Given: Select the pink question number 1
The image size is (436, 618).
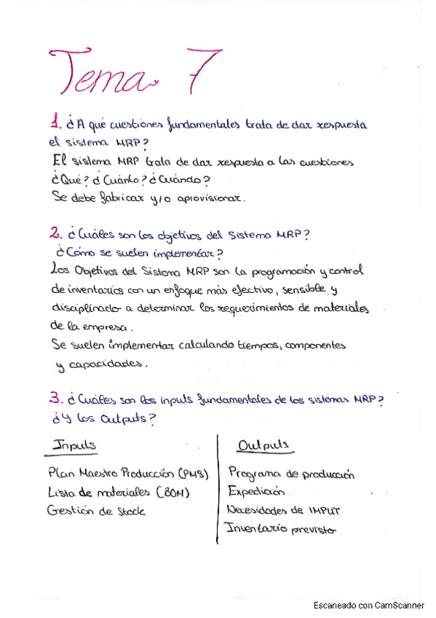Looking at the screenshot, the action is pos(54,122).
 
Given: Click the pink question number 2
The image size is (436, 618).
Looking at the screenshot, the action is pos(55,234).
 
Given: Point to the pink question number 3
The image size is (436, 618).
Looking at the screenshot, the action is pos(55,399).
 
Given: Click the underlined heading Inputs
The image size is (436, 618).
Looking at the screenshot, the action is pos(75,445).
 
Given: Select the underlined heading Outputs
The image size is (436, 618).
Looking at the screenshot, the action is pos(263,445).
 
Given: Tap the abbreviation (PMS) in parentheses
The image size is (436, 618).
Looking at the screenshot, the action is pos(191,474).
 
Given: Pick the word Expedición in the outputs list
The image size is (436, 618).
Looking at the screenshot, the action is pos(256,492).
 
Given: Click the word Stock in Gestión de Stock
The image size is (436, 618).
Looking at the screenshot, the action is pos(131,511).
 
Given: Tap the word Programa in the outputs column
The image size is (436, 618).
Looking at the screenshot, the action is pos(254,474).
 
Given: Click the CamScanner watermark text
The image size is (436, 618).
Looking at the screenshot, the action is pos(369,605).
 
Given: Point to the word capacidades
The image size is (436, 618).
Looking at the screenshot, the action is pos(105,363).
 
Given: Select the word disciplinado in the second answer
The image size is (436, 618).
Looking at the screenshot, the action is pos(88,308).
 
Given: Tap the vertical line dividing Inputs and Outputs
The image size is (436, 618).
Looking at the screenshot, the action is pos(218,488).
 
